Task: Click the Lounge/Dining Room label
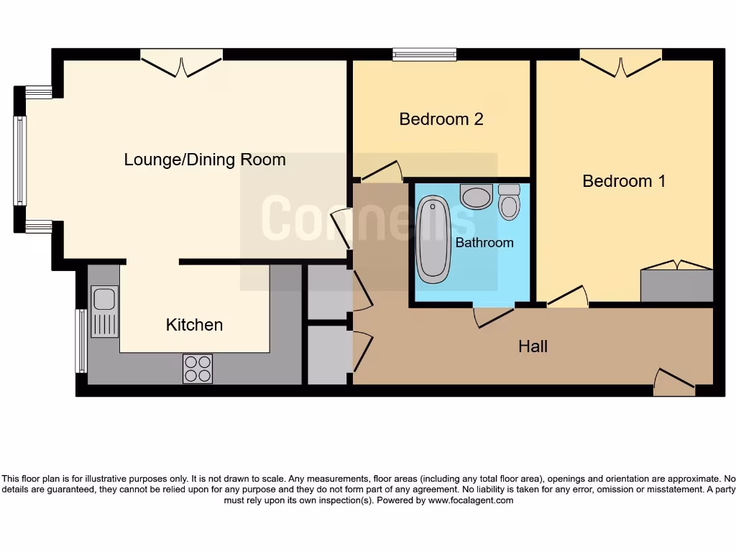[205, 160]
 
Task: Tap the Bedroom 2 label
[441, 119]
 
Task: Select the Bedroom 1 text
[623, 180]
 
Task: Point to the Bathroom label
[484, 243]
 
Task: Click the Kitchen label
[194, 325]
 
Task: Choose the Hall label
[533, 346]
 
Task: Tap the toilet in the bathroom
[510, 201]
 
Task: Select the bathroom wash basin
[476, 196]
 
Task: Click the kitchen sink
[104, 310]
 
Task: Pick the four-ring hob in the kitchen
[198, 369]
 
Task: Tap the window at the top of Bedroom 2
[425, 54]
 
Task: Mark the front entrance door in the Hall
[674, 383]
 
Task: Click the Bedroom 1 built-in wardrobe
[676, 285]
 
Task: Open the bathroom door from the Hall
[494, 315]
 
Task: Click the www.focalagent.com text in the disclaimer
[471, 500]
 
